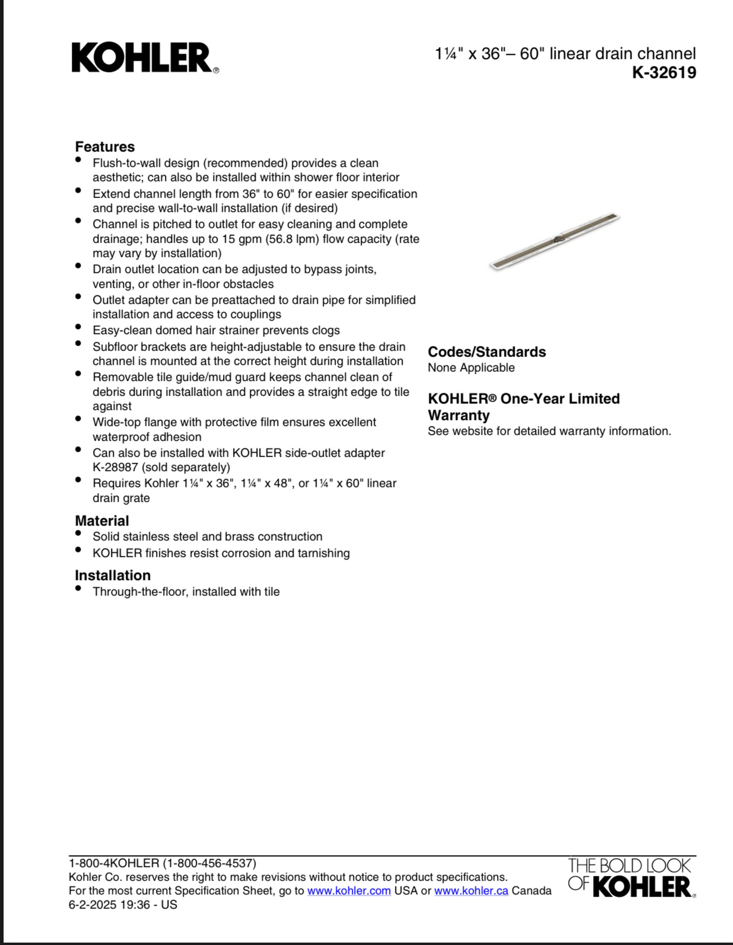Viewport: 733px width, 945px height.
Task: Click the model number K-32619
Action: pos(664,73)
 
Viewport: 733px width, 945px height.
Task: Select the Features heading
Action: pos(104,147)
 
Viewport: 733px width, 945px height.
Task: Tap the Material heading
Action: pos(101,521)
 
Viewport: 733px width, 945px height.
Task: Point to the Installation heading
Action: pos(113,576)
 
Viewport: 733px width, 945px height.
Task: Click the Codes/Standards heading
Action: pos(486,352)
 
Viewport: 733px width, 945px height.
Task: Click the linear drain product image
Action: pos(554,241)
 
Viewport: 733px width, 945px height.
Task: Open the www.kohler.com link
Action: pos(349,891)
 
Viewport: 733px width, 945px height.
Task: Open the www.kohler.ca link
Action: pos(471,891)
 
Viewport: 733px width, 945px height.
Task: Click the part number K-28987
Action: pos(115,467)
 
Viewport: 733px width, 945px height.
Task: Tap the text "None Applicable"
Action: pos(471,368)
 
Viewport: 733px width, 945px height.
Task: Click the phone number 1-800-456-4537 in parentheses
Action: pos(209,864)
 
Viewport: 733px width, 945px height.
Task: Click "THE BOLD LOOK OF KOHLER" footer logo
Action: pos(630,878)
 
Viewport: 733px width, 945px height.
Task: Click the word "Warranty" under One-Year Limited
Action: pos(458,416)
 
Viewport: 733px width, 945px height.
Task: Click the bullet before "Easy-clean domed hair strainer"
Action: pos(78,327)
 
